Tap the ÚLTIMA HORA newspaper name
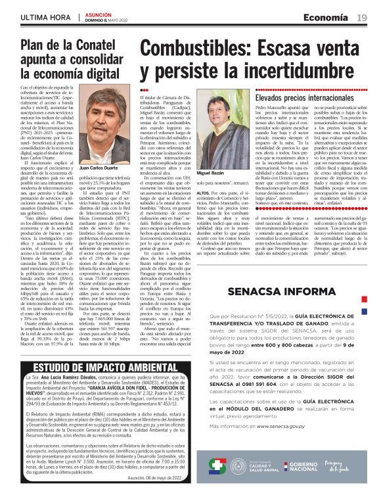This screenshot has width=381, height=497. coord(47,16)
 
